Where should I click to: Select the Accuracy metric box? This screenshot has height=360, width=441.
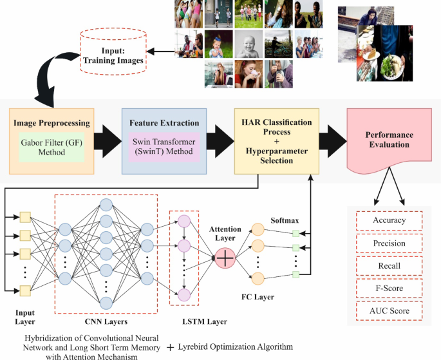coord(389,220)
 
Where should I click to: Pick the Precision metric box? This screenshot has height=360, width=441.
coord(389,243)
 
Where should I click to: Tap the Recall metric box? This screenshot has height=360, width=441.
coord(389,266)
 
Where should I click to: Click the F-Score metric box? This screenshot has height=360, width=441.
coord(389,289)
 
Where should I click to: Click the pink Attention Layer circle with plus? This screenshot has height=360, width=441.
coord(226,258)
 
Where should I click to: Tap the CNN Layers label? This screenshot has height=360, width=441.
coord(106,321)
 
